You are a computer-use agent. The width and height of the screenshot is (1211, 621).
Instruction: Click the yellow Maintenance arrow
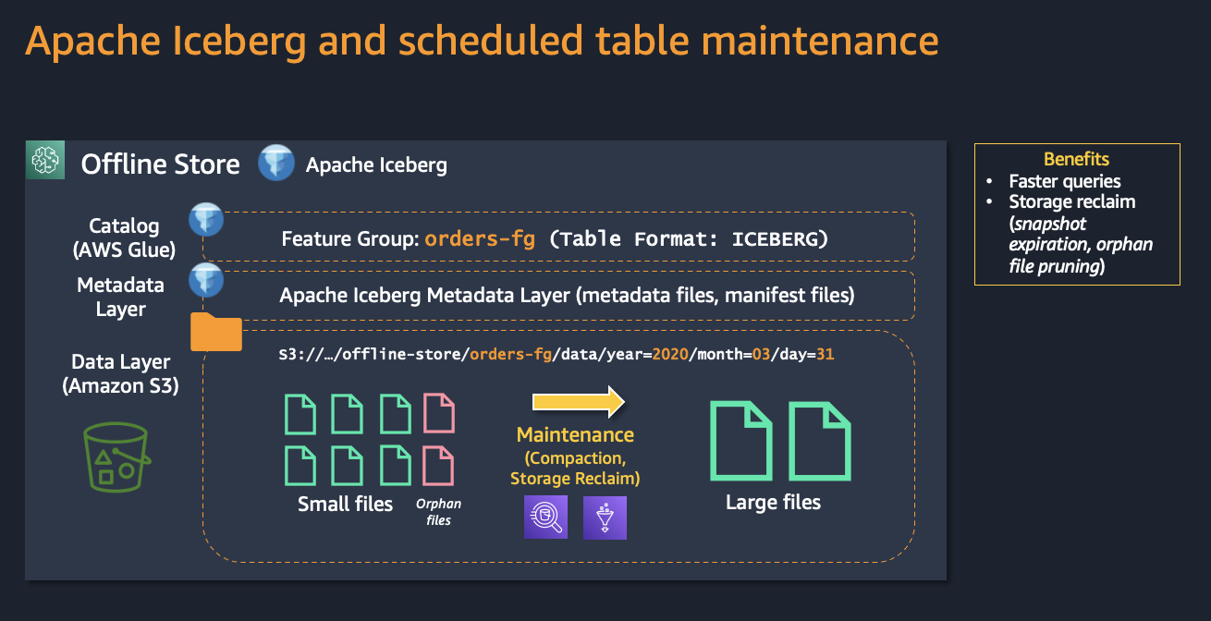579,402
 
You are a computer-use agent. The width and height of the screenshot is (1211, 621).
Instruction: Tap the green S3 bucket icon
116,457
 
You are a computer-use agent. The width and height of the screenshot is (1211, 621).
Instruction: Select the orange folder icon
216,332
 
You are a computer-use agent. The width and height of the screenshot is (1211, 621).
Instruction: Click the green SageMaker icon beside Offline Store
45,160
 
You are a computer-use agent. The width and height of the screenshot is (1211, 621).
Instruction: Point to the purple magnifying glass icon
545,517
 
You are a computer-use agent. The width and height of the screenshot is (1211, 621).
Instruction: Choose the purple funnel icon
605,517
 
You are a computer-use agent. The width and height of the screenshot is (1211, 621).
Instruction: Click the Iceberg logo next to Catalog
206,219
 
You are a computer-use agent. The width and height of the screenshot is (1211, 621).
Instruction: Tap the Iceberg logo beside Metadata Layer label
206,280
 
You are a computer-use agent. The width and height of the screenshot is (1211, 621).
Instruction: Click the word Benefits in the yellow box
1076,159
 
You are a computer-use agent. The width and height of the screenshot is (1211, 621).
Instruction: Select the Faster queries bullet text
1065,181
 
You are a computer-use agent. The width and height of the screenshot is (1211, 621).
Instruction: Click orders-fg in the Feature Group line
480,238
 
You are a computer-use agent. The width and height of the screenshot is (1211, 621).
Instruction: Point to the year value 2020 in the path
670,354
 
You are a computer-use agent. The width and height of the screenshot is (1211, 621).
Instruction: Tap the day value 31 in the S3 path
825,354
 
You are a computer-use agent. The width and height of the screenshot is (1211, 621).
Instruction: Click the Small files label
345,504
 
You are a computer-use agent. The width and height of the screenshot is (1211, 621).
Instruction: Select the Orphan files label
438,511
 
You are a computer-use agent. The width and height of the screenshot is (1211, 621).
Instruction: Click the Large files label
773,502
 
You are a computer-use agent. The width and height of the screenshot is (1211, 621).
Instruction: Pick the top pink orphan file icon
439,413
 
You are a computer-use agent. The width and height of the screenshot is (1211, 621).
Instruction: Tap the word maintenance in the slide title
820,41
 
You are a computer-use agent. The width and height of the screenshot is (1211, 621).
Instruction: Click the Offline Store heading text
160,164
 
